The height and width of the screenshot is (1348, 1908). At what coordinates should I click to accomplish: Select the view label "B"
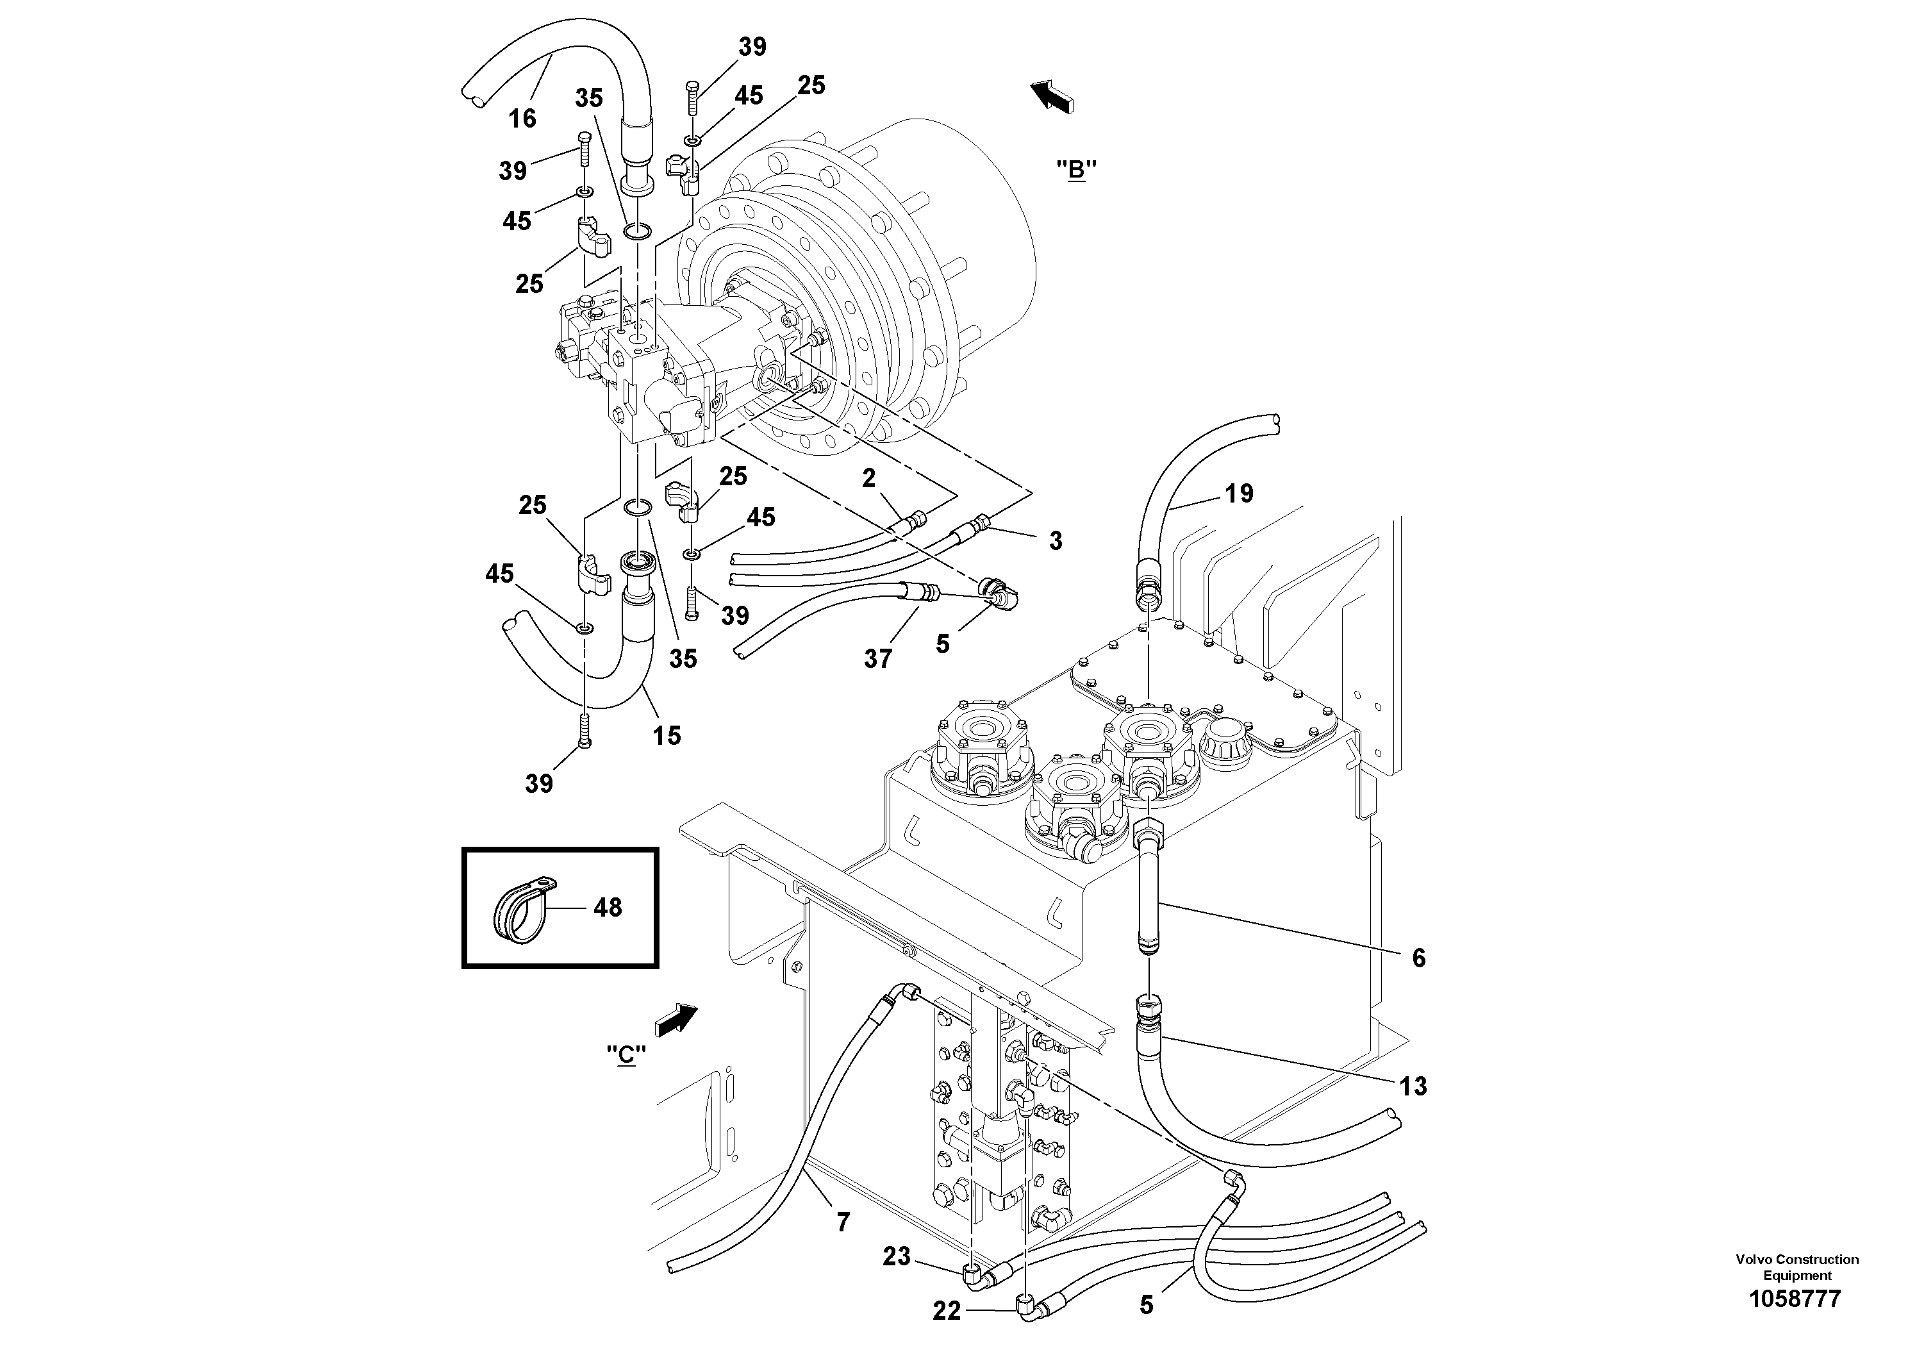coord(1076,171)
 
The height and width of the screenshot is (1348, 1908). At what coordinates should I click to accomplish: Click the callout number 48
coord(608,908)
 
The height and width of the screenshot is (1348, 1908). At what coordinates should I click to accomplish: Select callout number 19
coord(1238,494)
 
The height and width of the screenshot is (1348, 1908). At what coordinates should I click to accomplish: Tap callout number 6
coord(1418,958)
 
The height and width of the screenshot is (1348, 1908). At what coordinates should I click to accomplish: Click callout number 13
coord(1413,1085)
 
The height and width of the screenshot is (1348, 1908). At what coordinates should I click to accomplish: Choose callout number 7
coord(843,1222)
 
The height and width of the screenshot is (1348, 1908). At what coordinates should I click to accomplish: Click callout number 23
coord(897,1256)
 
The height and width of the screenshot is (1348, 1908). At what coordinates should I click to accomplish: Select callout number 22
coord(947,1311)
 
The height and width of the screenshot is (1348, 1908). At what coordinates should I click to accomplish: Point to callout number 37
coord(877,658)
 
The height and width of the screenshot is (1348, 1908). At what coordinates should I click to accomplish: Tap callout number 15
coord(667,735)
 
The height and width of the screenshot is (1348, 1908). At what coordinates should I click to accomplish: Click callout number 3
coord(1056,541)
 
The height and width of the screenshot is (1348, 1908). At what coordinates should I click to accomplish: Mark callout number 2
coord(868,478)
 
